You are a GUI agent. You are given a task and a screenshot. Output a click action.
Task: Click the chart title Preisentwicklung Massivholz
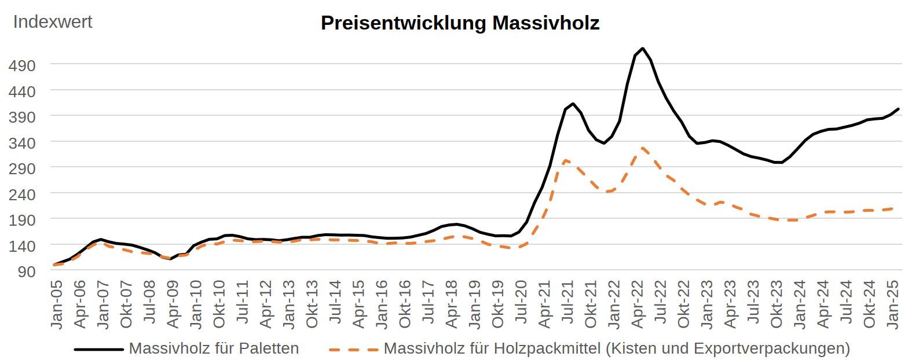pos(460,23)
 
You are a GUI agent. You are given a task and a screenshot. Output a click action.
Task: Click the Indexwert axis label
pos(53,22)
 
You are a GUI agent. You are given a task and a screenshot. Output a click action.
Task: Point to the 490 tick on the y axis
pos(22,65)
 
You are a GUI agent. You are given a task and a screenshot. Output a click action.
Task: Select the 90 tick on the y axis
pos(27,271)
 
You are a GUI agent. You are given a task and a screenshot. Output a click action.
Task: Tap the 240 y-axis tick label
pos(22,194)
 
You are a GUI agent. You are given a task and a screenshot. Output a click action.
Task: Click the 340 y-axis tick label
pos(22,142)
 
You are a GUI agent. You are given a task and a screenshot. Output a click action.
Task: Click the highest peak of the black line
pos(643,48)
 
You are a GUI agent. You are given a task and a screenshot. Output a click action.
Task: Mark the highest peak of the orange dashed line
pos(643,148)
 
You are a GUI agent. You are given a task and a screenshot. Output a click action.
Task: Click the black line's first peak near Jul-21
pos(573,104)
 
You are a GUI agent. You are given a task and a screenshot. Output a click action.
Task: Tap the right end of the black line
pos(898,109)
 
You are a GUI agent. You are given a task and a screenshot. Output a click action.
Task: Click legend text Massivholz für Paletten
pos(214,348)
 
